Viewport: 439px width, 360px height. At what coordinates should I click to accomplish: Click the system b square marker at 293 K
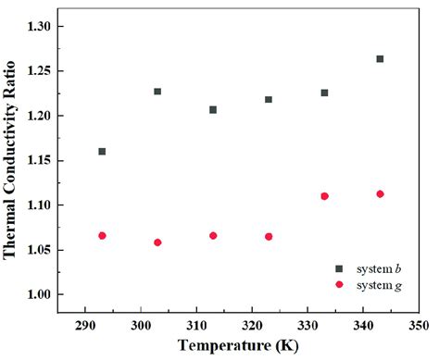[x=102, y=151]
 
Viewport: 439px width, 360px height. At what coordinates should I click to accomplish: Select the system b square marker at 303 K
[x=157, y=92]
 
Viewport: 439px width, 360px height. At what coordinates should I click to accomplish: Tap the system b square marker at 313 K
[x=213, y=109]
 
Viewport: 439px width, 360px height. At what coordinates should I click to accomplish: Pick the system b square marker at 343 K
[x=380, y=59]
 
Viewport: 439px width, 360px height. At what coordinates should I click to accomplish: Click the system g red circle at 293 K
[x=102, y=236]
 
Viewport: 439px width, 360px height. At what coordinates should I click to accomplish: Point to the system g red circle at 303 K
[x=157, y=242]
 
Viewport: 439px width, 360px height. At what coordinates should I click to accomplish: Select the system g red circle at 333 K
[x=324, y=196]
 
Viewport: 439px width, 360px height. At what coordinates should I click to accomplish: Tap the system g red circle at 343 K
[x=380, y=194]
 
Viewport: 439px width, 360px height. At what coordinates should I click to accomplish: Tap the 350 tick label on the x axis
[x=419, y=326]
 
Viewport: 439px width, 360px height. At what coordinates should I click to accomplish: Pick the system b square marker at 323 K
[x=269, y=100]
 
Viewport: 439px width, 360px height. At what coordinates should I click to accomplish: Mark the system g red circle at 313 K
[x=213, y=236]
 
